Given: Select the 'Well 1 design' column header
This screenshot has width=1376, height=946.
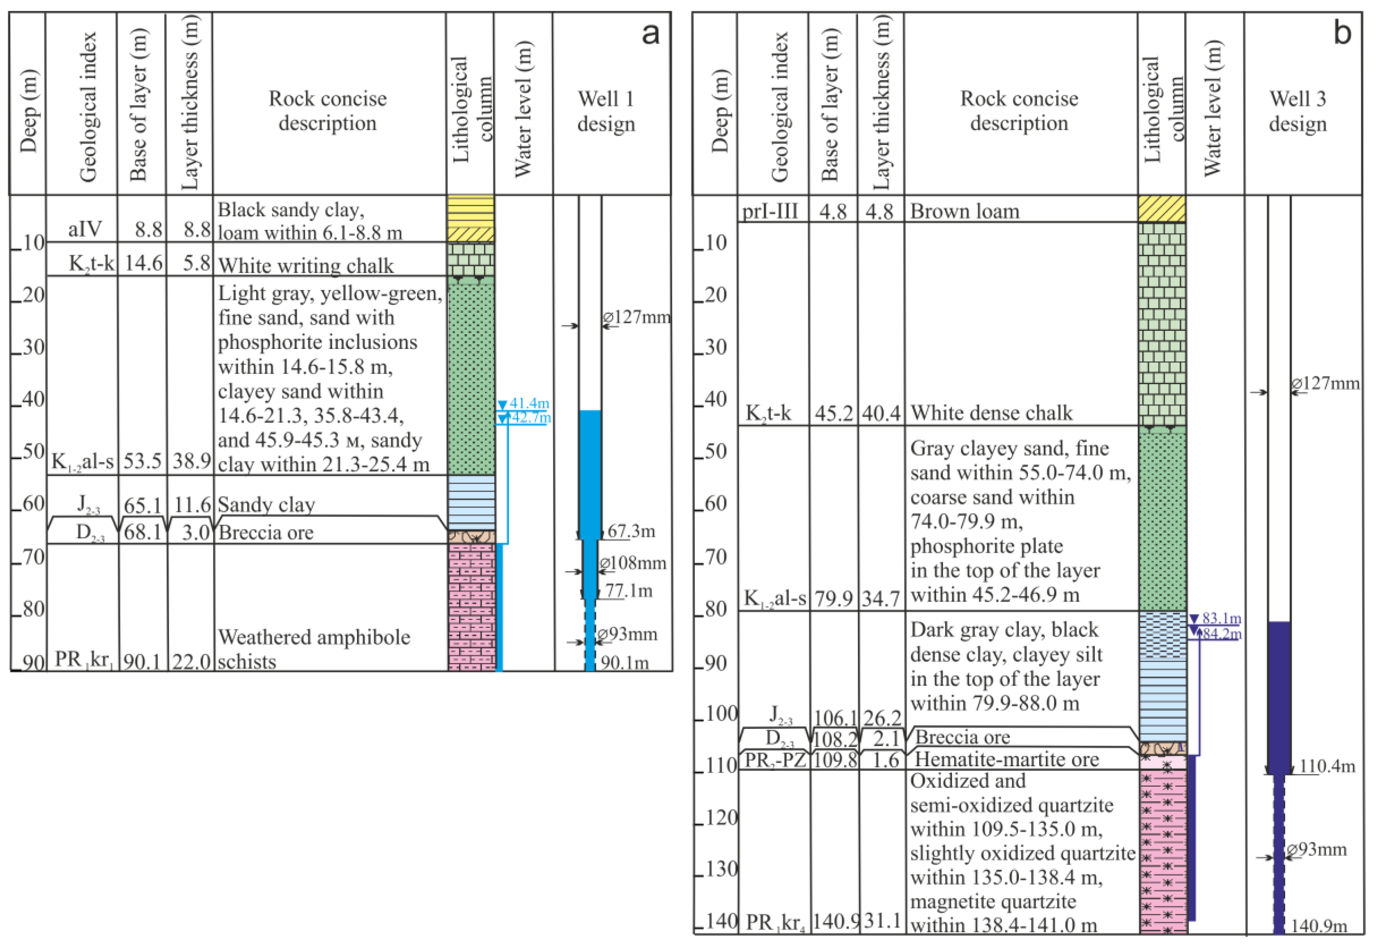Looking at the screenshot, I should pos(606,111).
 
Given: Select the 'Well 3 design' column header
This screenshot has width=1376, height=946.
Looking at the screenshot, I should pos(1297,111).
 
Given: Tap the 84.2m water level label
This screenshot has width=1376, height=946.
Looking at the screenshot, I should pos(1221,634).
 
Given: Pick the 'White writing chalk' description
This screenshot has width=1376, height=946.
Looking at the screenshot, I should pos(306,265).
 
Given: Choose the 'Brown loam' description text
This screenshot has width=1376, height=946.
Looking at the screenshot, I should pos(964,211).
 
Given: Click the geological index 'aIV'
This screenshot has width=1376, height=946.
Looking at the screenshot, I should pos(85,229).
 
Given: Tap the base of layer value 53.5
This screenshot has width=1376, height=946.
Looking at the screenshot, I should pos(142,461).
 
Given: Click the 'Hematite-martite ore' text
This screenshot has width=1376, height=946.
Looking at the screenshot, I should pos(1007,759).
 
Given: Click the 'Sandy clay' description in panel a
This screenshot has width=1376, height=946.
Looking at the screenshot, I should pos(266,505).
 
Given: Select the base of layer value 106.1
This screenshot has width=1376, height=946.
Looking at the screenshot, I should pos(834,718).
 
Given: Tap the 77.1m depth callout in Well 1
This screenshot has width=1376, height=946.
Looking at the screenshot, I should pos(629,590).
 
